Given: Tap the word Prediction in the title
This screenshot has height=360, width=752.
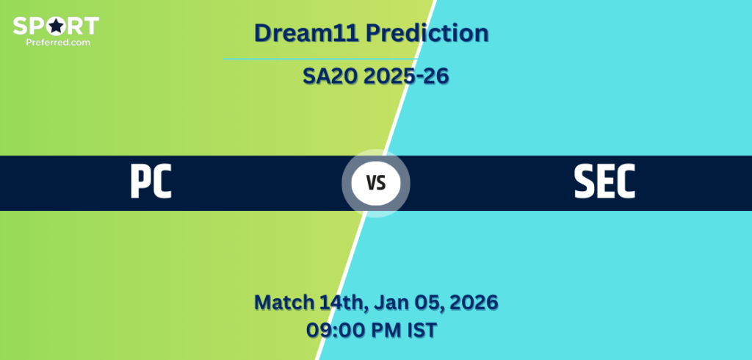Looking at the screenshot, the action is click(x=427, y=33).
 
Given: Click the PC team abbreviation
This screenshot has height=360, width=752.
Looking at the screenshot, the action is click(x=151, y=181).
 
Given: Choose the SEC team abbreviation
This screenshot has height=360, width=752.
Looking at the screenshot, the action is click(x=604, y=181).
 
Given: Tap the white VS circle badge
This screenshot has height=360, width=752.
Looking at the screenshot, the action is click(x=376, y=183).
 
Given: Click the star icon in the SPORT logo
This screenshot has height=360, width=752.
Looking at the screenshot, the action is click(x=56, y=26).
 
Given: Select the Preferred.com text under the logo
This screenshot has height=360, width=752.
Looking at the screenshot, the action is click(x=58, y=42).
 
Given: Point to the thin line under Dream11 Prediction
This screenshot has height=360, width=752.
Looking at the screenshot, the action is click(x=320, y=59).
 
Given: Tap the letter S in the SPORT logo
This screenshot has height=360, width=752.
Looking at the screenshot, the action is click(x=20, y=26).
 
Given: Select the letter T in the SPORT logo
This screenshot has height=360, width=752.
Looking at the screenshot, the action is click(x=91, y=26).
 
